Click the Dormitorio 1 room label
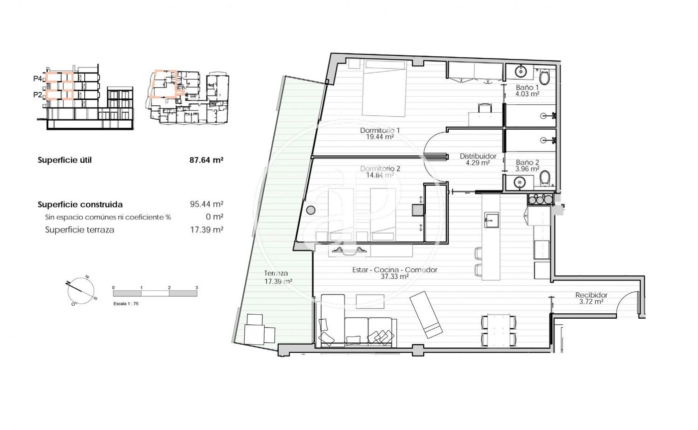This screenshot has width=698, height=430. [x=380, y=130]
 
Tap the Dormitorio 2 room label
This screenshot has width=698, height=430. [x=380, y=169]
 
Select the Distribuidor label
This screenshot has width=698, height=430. [x=478, y=156]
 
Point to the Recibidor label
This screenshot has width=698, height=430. [x=591, y=295]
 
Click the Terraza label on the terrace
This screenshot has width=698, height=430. [x=276, y=273]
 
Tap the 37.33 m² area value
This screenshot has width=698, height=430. [x=395, y=276]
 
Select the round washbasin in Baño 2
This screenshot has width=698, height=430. [x=520, y=182]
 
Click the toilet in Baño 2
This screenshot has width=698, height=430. [x=544, y=178]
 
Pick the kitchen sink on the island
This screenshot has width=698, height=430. [x=492, y=220]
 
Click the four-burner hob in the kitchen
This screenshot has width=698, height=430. [x=540, y=199]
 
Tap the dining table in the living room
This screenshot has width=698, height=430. [x=499, y=331]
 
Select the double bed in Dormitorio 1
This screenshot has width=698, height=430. [x=384, y=88]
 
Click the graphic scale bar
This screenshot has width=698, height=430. [x=155, y=293]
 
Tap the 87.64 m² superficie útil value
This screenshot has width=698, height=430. [x=206, y=160]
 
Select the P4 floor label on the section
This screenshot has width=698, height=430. [x=37, y=79]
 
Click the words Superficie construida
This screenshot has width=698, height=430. [x=80, y=205]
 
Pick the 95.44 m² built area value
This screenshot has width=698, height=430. [x=206, y=204]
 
